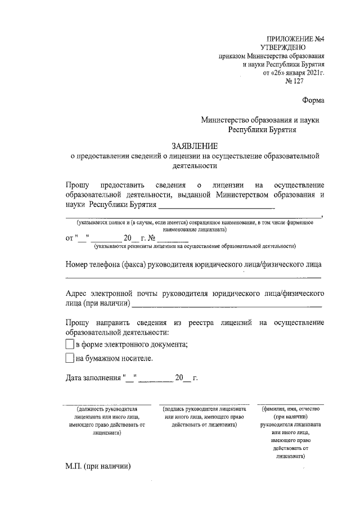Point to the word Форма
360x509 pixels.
tap(313, 101)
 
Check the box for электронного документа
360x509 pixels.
tap(70, 344)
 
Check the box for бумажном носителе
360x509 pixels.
tap(70, 358)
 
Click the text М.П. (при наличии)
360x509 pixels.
tap(98, 466)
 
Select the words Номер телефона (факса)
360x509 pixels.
tap(104, 264)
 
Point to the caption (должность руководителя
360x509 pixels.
tap(107, 409)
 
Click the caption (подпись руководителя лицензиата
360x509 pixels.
tap(204, 409)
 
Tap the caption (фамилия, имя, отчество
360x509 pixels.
tap(288, 409)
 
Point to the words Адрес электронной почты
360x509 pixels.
tap(112, 294)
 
